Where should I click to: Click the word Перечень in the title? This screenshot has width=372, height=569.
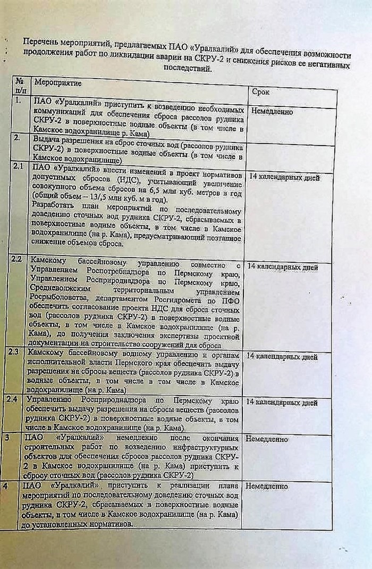tap(39, 41)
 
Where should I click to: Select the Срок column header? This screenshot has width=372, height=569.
tap(260, 91)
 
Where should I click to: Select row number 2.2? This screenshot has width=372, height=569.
tap(16, 260)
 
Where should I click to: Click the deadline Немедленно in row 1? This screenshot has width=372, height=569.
tap(272, 112)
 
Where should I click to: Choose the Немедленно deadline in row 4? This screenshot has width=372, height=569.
tap(266, 486)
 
